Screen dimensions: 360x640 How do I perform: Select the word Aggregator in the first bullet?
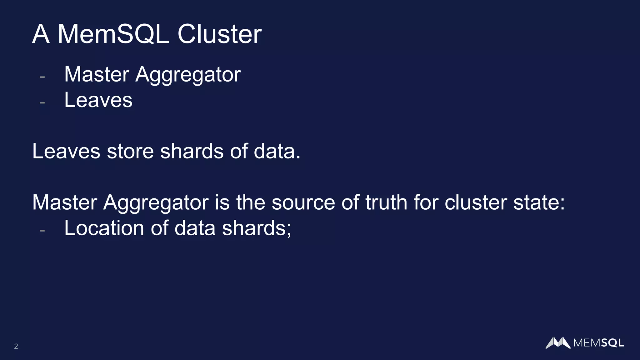pos(188,75)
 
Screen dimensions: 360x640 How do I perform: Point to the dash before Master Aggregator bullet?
pos(42,77)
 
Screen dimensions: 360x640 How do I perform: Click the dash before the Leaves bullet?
pos(42,102)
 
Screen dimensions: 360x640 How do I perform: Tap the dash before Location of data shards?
pos(42,230)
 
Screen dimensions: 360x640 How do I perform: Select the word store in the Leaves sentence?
pos(130,151)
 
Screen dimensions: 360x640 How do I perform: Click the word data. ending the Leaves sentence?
pos(277,151)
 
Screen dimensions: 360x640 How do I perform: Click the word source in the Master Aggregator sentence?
pos(303,202)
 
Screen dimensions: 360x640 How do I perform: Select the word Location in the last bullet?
pos(104,228)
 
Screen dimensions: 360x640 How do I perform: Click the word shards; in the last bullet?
pos(256,228)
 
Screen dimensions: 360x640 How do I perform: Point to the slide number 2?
pos(16,346)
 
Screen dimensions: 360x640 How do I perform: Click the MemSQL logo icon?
pos(558,342)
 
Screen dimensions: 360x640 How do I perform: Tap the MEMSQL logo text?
pos(598,343)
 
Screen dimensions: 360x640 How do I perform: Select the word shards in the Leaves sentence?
pos(192,151)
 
